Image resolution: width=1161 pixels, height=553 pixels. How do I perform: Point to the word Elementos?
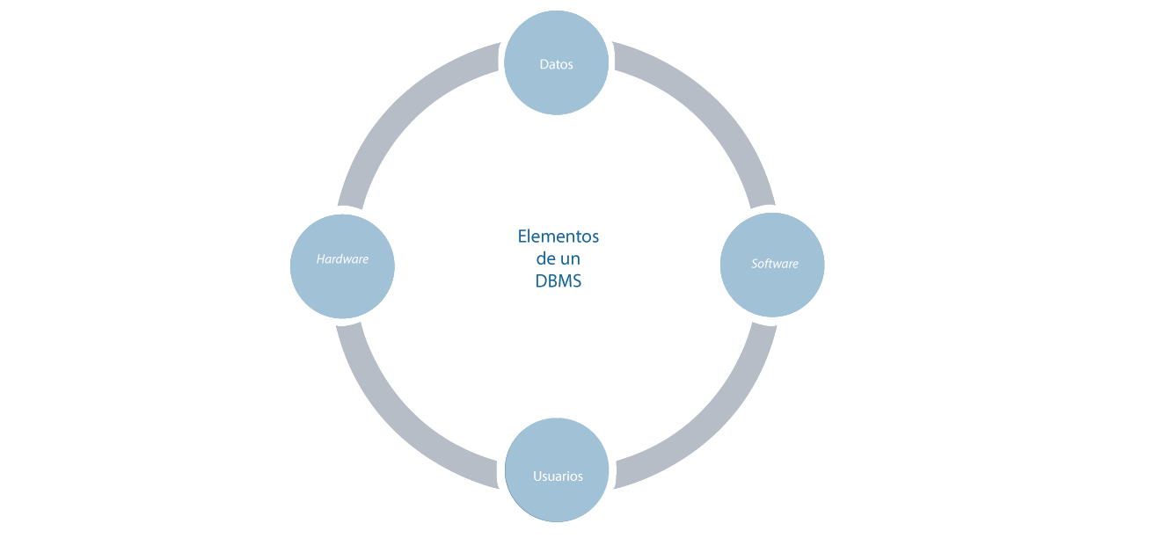tap(558, 236)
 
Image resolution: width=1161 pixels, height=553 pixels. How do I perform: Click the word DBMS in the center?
tap(558, 282)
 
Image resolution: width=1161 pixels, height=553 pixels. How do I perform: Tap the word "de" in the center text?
tap(545, 259)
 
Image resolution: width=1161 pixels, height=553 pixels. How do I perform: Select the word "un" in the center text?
tap(571, 259)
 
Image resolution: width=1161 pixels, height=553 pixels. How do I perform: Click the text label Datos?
tap(556, 64)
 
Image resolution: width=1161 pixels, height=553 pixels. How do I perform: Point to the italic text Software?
tap(774, 264)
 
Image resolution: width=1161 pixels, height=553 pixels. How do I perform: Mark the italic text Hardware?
tap(342, 259)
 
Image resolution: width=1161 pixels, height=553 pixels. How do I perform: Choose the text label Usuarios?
tap(558, 477)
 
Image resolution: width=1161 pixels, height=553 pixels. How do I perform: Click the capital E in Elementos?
tap(522, 236)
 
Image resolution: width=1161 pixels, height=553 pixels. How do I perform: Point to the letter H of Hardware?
tap(320, 259)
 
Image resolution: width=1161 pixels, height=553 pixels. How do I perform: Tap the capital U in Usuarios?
tap(537, 477)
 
